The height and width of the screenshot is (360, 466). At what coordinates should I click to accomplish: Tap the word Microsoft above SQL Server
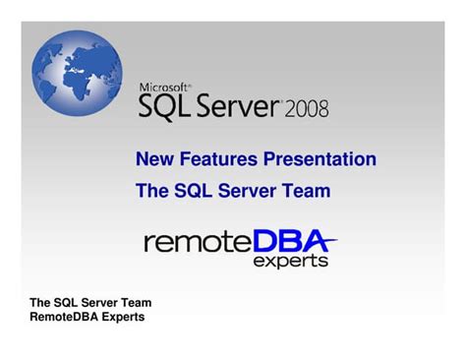165,88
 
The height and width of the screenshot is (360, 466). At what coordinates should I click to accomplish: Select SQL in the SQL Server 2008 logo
171,106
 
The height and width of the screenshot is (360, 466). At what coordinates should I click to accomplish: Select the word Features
213,159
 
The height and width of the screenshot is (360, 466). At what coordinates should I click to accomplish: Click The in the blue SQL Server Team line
151,191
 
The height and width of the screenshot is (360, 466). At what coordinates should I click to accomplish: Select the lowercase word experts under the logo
291,262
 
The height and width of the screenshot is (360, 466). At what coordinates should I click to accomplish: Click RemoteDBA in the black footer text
64,317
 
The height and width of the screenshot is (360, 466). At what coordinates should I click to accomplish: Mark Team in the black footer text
135,303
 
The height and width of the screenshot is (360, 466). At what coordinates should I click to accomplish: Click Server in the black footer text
94,303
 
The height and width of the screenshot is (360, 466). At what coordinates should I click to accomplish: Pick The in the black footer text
40,303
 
